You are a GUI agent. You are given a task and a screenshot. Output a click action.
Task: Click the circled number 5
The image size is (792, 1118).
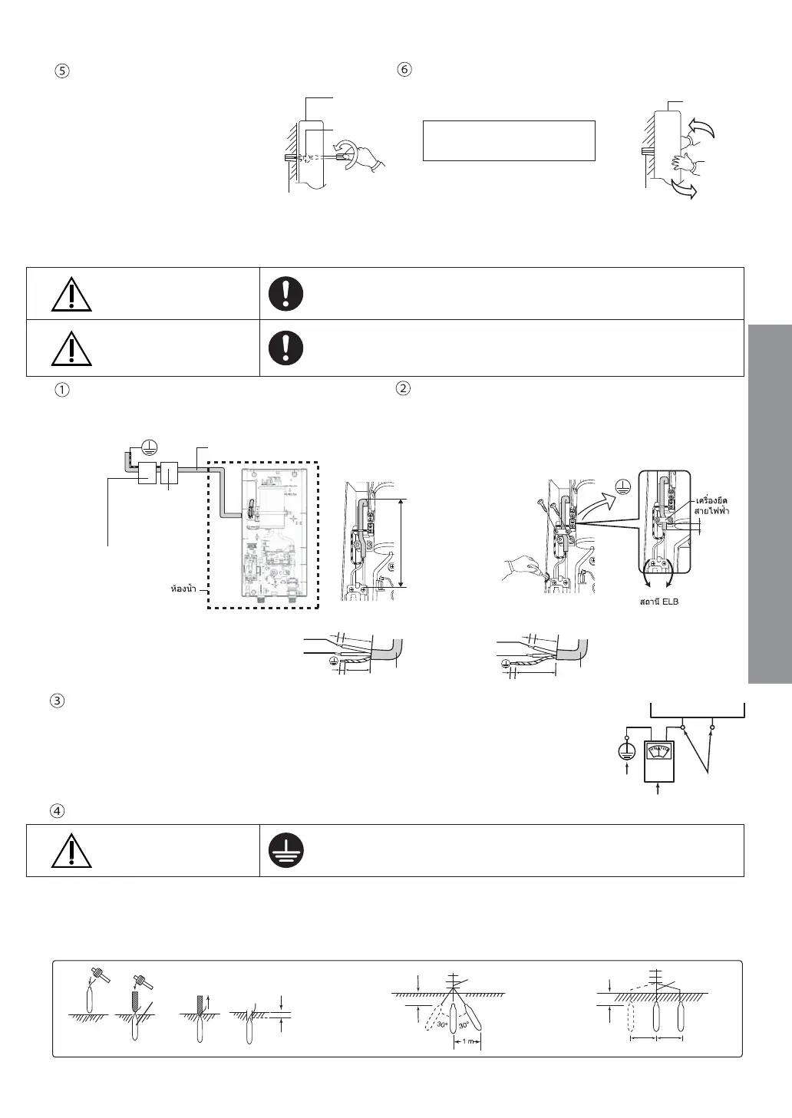coord(63,70)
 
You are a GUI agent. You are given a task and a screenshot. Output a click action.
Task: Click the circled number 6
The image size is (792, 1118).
coord(404,69)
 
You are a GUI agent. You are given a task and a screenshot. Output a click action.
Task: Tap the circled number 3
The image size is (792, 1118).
coord(63,701)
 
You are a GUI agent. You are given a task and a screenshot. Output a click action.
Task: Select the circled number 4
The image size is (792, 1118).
coord(63,810)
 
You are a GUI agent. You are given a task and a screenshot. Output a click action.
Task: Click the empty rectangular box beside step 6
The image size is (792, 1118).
coord(509,140)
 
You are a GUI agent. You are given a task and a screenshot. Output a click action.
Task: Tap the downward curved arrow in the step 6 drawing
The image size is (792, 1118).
coord(682,188)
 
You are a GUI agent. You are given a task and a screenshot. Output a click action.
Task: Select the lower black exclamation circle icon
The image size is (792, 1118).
coord(286,348)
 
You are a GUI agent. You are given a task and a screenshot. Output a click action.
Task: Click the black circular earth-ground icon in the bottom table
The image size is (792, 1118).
coord(286,850)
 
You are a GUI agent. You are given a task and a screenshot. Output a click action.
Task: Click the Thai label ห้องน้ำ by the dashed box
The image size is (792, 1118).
coord(183,589)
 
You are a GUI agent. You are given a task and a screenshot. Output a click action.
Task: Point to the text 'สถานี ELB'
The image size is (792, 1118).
coord(658,602)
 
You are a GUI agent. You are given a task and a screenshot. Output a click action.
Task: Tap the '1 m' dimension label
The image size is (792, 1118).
coord(467,1041)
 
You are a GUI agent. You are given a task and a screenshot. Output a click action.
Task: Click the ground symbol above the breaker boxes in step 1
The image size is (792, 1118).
coord(152,450)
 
